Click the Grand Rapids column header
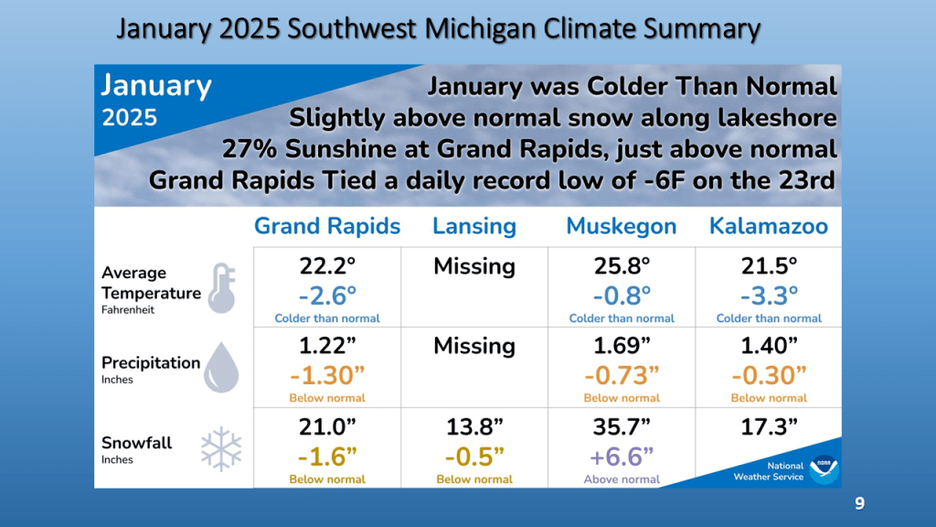327,226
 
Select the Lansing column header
474,226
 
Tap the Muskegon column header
622,226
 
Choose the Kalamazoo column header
769,226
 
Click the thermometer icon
221,286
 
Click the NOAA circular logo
824,469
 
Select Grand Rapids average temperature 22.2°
327,266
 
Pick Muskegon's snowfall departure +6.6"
622,457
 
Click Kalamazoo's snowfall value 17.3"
769,426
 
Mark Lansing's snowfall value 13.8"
474,426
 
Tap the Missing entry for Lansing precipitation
474,346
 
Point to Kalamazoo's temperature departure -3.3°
769,295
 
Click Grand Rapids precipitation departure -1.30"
327,375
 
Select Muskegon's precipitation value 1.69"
622,347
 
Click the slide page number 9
859,503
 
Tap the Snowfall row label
137,443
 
